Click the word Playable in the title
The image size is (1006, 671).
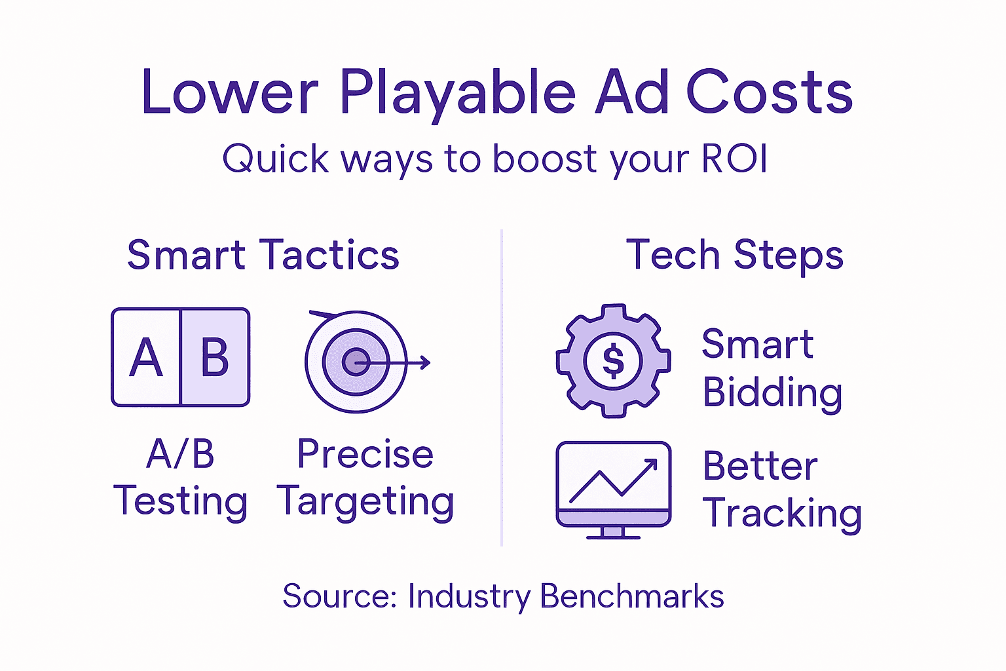456,93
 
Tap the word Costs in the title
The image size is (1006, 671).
769,93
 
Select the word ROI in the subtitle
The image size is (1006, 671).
734,159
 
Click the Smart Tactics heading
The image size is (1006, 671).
263,255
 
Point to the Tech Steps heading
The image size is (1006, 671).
735,255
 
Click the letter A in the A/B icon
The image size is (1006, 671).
146,358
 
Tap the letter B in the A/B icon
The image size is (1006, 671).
215,358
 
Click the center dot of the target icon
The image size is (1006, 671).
356,362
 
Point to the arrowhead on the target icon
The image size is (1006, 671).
426,362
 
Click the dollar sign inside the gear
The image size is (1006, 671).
613,361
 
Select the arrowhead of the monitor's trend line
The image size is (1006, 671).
651,465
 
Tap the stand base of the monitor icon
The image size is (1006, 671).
613,536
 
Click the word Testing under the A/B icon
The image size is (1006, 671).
181,502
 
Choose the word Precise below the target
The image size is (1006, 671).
365,454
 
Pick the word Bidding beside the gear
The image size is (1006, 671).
772,393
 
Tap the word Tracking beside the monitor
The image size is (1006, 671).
782,513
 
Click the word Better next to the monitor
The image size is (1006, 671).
760,466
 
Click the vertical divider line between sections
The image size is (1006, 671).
502,387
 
